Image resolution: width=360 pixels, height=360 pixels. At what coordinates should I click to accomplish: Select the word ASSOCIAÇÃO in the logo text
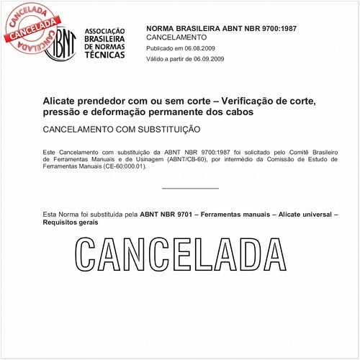click(104, 31)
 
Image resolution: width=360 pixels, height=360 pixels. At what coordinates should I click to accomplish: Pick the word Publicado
click(163, 48)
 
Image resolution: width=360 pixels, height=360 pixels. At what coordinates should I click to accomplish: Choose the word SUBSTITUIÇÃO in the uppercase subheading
click(164, 130)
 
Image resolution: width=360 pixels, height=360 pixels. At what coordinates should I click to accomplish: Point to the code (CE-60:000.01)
click(124, 166)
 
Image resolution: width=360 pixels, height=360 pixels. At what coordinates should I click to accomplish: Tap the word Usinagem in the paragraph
click(166, 159)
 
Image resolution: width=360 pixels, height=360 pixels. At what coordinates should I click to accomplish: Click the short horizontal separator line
click(190, 189)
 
